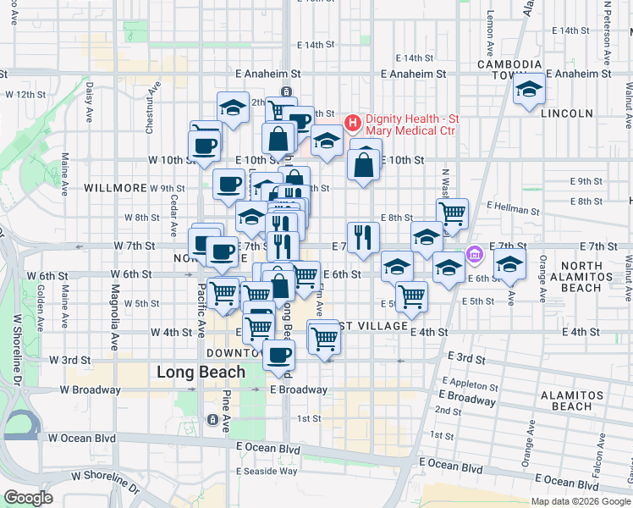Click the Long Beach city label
(x=201, y=372)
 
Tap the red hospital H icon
(x=353, y=124)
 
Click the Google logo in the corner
(x=28, y=498)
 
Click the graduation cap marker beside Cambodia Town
(x=529, y=89)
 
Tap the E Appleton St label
(x=463, y=383)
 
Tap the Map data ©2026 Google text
(x=581, y=501)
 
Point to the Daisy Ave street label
(x=88, y=102)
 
